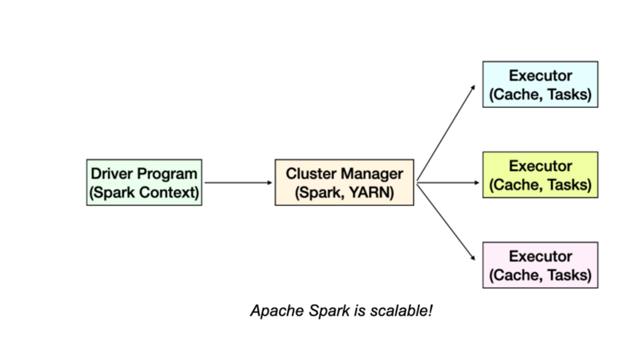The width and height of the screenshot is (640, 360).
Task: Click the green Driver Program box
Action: click(x=144, y=182)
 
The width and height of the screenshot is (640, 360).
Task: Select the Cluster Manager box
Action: click(x=344, y=182)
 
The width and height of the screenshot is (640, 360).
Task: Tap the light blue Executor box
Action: click(x=540, y=84)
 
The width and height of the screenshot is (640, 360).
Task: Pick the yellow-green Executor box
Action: click(x=540, y=175)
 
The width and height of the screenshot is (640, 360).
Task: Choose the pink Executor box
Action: click(x=540, y=265)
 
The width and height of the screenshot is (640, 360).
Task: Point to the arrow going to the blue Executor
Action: click(x=446, y=133)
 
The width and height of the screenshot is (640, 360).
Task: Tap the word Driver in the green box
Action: click(x=112, y=174)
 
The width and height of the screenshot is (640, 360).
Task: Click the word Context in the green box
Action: click(x=169, y=192)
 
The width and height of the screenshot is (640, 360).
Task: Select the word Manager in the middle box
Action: click(x=372, y=174)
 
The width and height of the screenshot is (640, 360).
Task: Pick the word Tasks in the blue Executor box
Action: click(x=569, y=94)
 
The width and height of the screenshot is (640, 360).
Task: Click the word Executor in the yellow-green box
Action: click(x=540, y=166)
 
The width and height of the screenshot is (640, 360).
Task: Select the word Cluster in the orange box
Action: click(x=311, y=174)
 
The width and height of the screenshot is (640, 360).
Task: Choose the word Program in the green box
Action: click(x=167, y=174)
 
